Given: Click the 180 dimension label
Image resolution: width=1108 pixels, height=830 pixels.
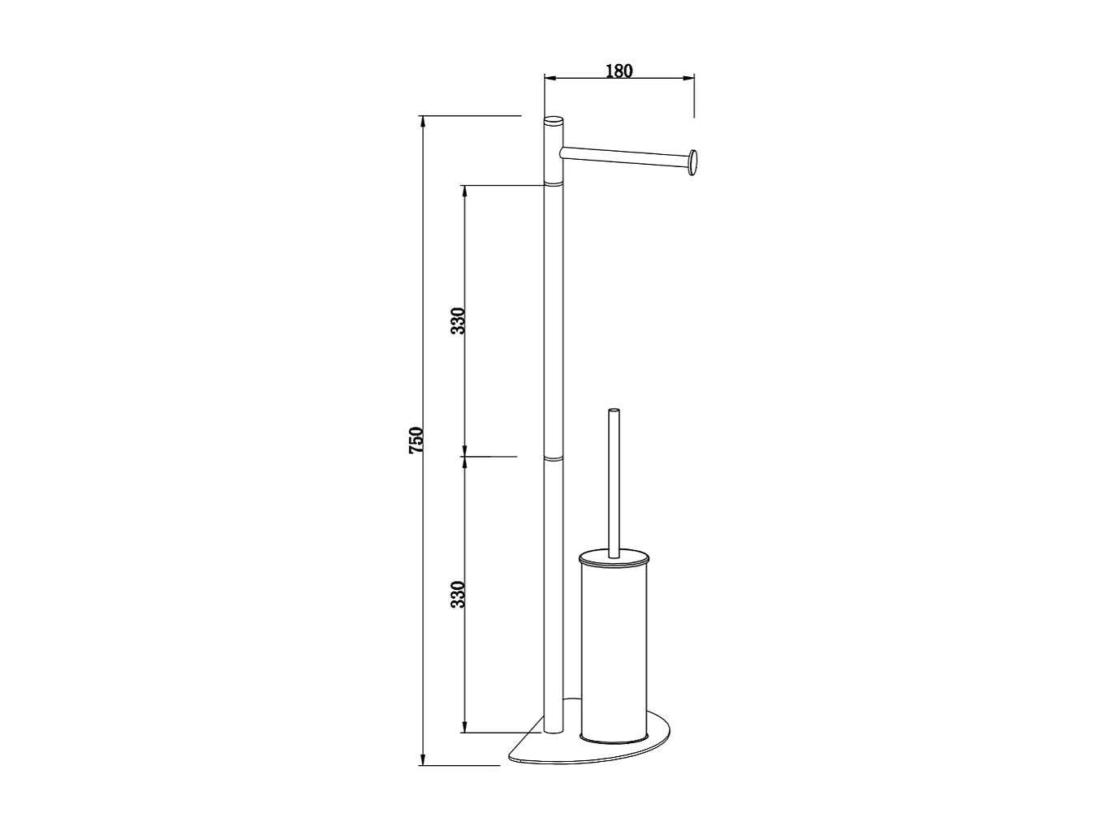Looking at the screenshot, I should tap(619, 71).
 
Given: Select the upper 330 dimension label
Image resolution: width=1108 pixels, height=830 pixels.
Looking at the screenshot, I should tap(459, 321).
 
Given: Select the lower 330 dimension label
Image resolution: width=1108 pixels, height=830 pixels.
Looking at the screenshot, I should tap(459, 595).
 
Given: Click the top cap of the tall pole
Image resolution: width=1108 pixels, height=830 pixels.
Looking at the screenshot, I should tap(553, 121).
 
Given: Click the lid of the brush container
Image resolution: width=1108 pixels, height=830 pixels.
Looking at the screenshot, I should tap(614, 559).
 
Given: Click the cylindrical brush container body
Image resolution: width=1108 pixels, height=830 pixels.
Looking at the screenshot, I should tap(614, 649).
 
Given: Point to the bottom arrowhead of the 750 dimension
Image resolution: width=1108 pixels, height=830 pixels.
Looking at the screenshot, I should tap(423, 760).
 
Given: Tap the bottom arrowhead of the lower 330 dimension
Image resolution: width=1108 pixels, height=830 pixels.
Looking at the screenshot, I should tap(464, 728).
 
